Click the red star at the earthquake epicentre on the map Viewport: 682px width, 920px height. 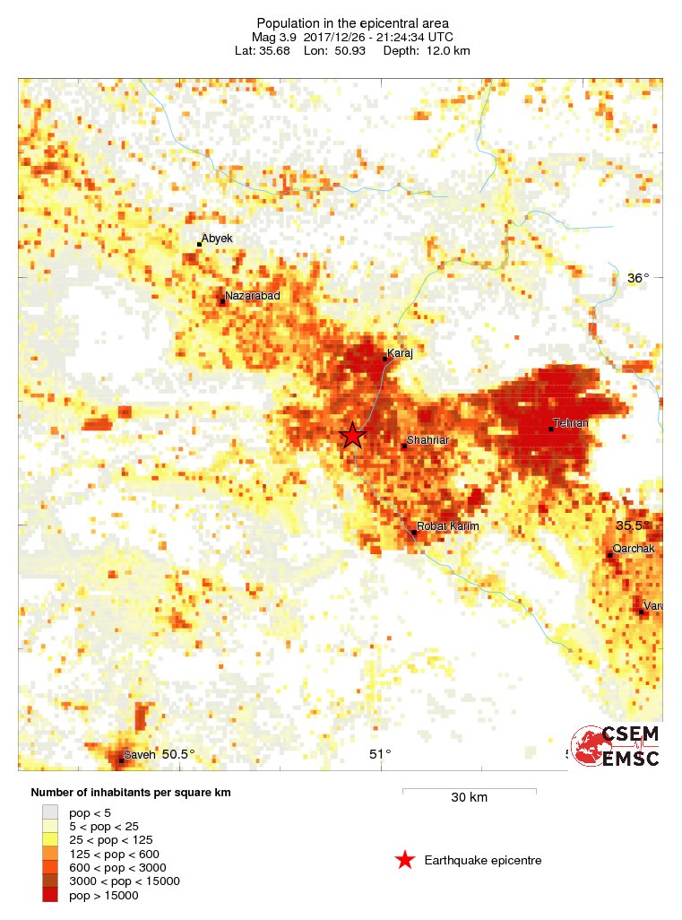[353, 436]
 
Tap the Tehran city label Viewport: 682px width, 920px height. [571, 423]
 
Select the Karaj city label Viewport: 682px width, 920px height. [399, 353]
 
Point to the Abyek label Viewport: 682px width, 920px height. [217, 239]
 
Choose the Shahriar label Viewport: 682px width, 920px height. [427, 440]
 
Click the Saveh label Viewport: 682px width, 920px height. [140, 754]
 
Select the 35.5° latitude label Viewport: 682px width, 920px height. [633, 525]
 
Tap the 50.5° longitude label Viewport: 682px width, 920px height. [178, 754]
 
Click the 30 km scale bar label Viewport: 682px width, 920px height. [469, 797]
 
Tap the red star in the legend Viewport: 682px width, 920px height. [405, 861]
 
